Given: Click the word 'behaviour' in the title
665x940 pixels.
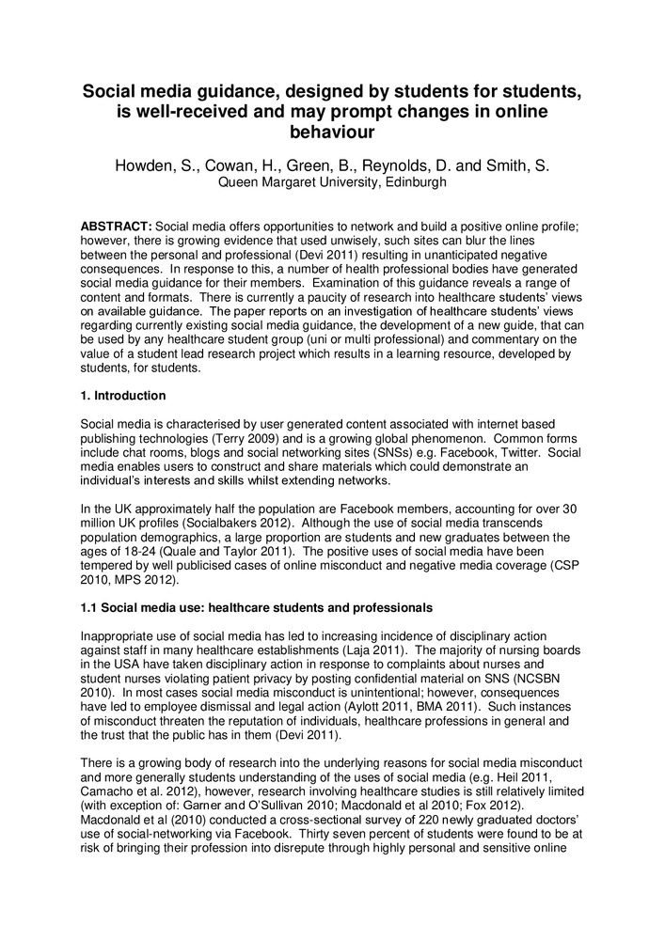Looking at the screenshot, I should tap(332, 133).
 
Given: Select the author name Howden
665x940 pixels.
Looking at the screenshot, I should tap(147, 166).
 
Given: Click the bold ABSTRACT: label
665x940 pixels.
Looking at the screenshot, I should tap(116, 227).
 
